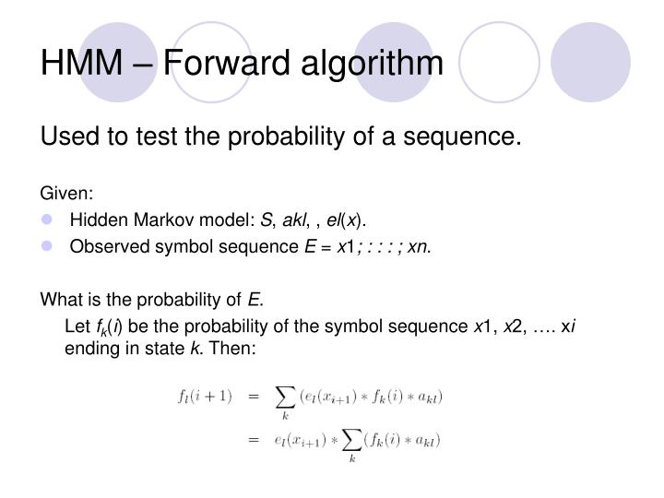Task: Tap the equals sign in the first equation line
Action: pyautogui.click(x=252, y=397)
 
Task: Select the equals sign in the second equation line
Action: pyautogui.click(x=252, y=441)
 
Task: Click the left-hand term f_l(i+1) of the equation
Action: pyautogui.click(x=204, y=397)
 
